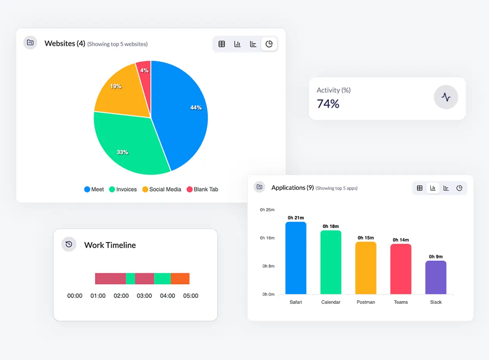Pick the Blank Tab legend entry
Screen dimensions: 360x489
pos(202,189)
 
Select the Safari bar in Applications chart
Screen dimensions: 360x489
pos(296,258)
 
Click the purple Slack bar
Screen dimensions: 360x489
pos(435,277)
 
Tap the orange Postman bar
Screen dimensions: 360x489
pos(366,268)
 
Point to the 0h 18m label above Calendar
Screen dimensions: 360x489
pos(331,226)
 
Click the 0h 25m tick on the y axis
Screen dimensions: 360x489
pos(267,209)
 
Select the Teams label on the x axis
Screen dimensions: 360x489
pos(401,302)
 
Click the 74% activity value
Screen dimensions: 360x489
pos(328,104)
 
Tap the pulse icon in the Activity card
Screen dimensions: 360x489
pos(446,97)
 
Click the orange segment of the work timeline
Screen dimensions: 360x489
pos(180,279)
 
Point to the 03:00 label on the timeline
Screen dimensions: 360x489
pos(144,296)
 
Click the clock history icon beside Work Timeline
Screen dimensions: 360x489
pos(69,244)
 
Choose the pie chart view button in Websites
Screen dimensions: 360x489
pos(269,44)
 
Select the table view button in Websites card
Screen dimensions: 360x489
pos(222,44)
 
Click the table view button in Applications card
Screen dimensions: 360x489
pos(420,188)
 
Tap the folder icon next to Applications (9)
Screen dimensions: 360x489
pos(259,187)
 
